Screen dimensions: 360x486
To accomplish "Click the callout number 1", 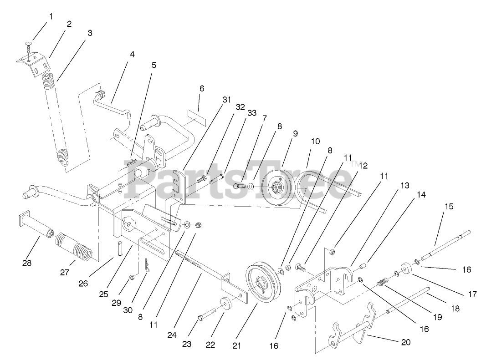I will pos(51,16).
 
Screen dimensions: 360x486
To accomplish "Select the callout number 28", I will pos(27,263).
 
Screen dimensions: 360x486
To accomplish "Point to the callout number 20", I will pos(405,342).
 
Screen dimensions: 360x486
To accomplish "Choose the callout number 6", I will pos(202,88).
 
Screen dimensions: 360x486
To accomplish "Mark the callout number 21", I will pos(236,345).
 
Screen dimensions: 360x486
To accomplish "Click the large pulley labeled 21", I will pos(264,284).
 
